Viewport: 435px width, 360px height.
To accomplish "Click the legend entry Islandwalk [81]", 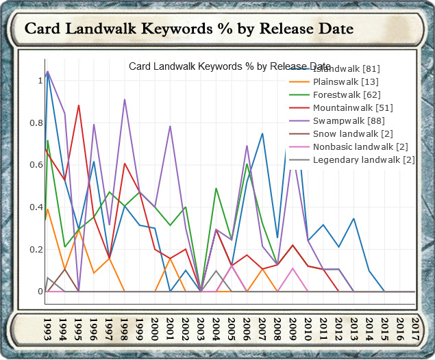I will coord(346,68).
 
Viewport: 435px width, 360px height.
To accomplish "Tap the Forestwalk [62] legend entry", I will coord(346,94).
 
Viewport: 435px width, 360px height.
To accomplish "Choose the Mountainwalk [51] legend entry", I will coord(352,107).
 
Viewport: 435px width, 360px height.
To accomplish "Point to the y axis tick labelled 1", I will coord(40,80).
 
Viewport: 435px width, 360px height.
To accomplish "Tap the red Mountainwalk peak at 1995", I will coord(79,105).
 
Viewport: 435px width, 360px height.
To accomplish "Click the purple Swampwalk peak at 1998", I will coord(125,100).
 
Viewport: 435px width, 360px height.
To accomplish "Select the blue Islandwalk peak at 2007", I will coord(262,133).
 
